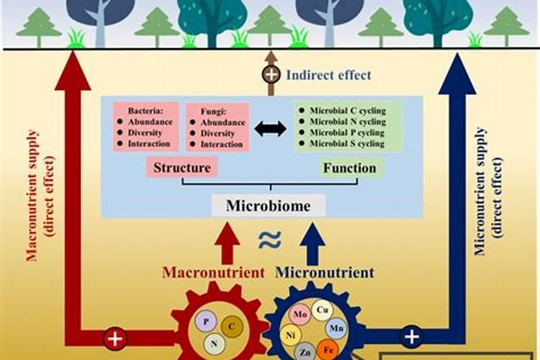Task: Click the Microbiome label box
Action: pos(269,206)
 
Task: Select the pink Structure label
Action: pos(181,168)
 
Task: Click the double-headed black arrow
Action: pos(270,128)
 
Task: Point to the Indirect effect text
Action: pos(328,74)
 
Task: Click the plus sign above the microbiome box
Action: pos(271,74)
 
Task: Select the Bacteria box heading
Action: pos(145,112)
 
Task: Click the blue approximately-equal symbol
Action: pos(270,240)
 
